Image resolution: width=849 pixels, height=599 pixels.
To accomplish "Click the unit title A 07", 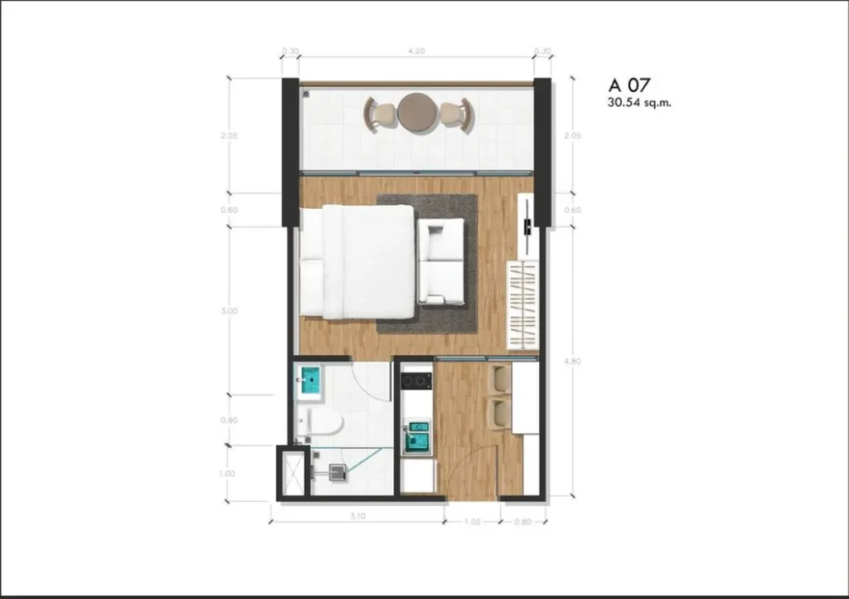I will click(629, 85).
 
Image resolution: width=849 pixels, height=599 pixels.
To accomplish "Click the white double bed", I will click(358, 261).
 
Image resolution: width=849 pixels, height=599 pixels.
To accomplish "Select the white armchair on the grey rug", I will click(441, 261).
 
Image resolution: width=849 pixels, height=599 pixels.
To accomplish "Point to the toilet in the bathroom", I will click(323, 422).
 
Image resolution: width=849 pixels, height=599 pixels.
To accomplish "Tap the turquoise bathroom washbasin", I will click(309, 382).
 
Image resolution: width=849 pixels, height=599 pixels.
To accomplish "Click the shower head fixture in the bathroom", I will click(336, 473).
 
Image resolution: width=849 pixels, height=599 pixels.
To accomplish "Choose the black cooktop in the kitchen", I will click(416, 381).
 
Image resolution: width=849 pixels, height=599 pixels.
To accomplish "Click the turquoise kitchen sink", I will click(417, 436).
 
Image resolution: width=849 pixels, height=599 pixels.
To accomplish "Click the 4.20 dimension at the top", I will click(416, 51).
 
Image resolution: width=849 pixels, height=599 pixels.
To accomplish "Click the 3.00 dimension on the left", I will click(230, 311).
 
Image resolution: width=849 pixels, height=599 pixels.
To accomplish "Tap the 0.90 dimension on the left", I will click(230, 421).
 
